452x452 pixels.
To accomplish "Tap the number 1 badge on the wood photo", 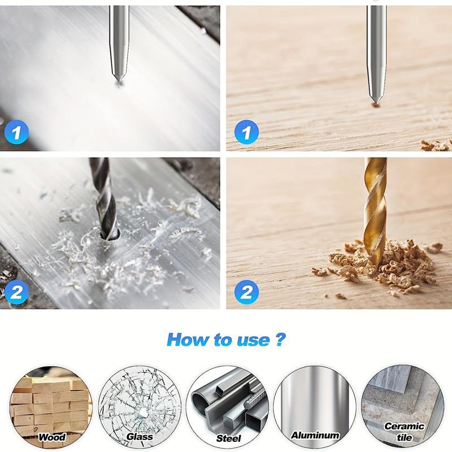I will [x=245, y=134].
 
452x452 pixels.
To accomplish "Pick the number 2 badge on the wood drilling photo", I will [x=245, y=292].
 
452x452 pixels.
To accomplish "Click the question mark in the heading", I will [x=280, y=340].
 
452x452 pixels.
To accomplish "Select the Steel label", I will [x=228, y=438].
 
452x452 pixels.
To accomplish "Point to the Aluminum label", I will [x=315, y=435].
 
